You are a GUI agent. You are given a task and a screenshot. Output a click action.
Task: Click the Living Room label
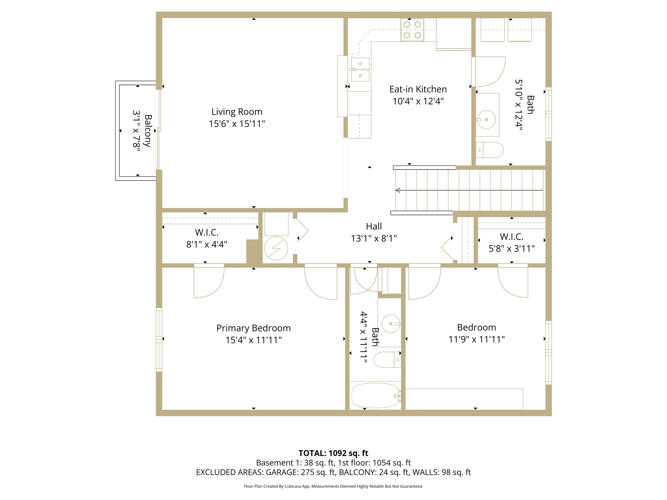point(237,112)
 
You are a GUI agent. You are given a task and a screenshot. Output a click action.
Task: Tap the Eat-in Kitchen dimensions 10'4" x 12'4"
point(418,101)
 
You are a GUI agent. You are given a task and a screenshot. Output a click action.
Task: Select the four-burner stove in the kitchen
point(412,30)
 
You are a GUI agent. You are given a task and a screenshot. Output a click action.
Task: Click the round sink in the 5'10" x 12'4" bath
point(486,120)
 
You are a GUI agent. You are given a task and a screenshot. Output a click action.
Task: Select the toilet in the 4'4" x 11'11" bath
point(388,360)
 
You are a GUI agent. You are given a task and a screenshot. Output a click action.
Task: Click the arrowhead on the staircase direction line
point(398,190)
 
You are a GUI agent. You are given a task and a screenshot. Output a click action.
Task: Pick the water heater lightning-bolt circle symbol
point(276,248)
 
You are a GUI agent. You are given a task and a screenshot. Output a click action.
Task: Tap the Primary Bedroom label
point(253,328)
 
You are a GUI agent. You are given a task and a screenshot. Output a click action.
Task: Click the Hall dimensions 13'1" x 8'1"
point(374,238)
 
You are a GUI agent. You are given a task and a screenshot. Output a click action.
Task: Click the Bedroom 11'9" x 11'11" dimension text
point(476,339)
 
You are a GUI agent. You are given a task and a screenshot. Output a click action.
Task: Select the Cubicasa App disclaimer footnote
point(333,486)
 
